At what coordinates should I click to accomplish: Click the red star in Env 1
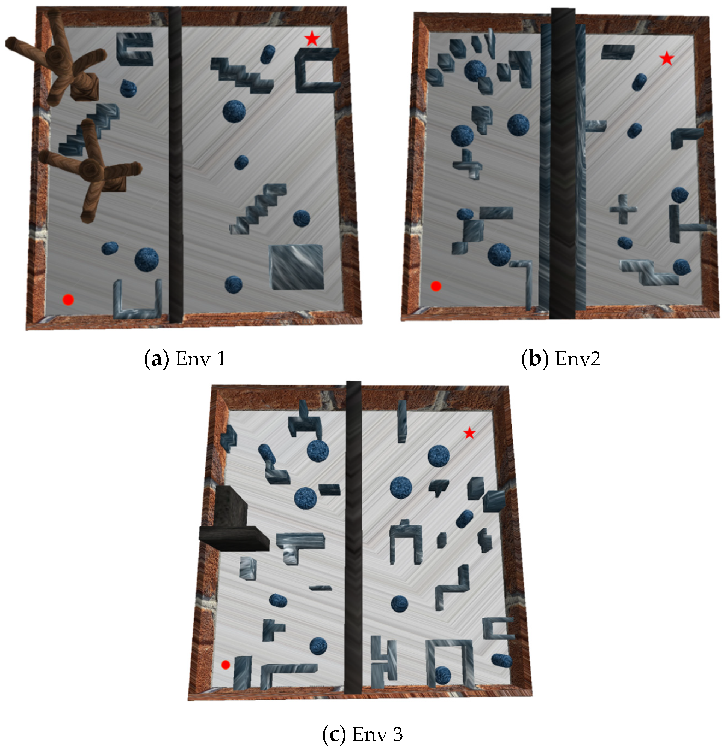(x=312, y=39)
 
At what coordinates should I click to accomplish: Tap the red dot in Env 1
(x=68, y=300)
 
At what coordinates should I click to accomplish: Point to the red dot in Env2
(x=436, y=286)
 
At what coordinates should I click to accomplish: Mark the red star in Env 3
(x=469, y=434)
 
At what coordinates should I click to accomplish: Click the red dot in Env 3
(x=226, y=665)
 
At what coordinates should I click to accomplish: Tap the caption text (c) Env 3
(x=363, y=734)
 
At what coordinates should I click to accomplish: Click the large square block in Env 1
(x=296, y=267)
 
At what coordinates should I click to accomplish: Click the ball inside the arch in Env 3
(x=443, y=675)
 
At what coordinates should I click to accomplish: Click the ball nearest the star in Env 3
(x=439, y=456)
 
